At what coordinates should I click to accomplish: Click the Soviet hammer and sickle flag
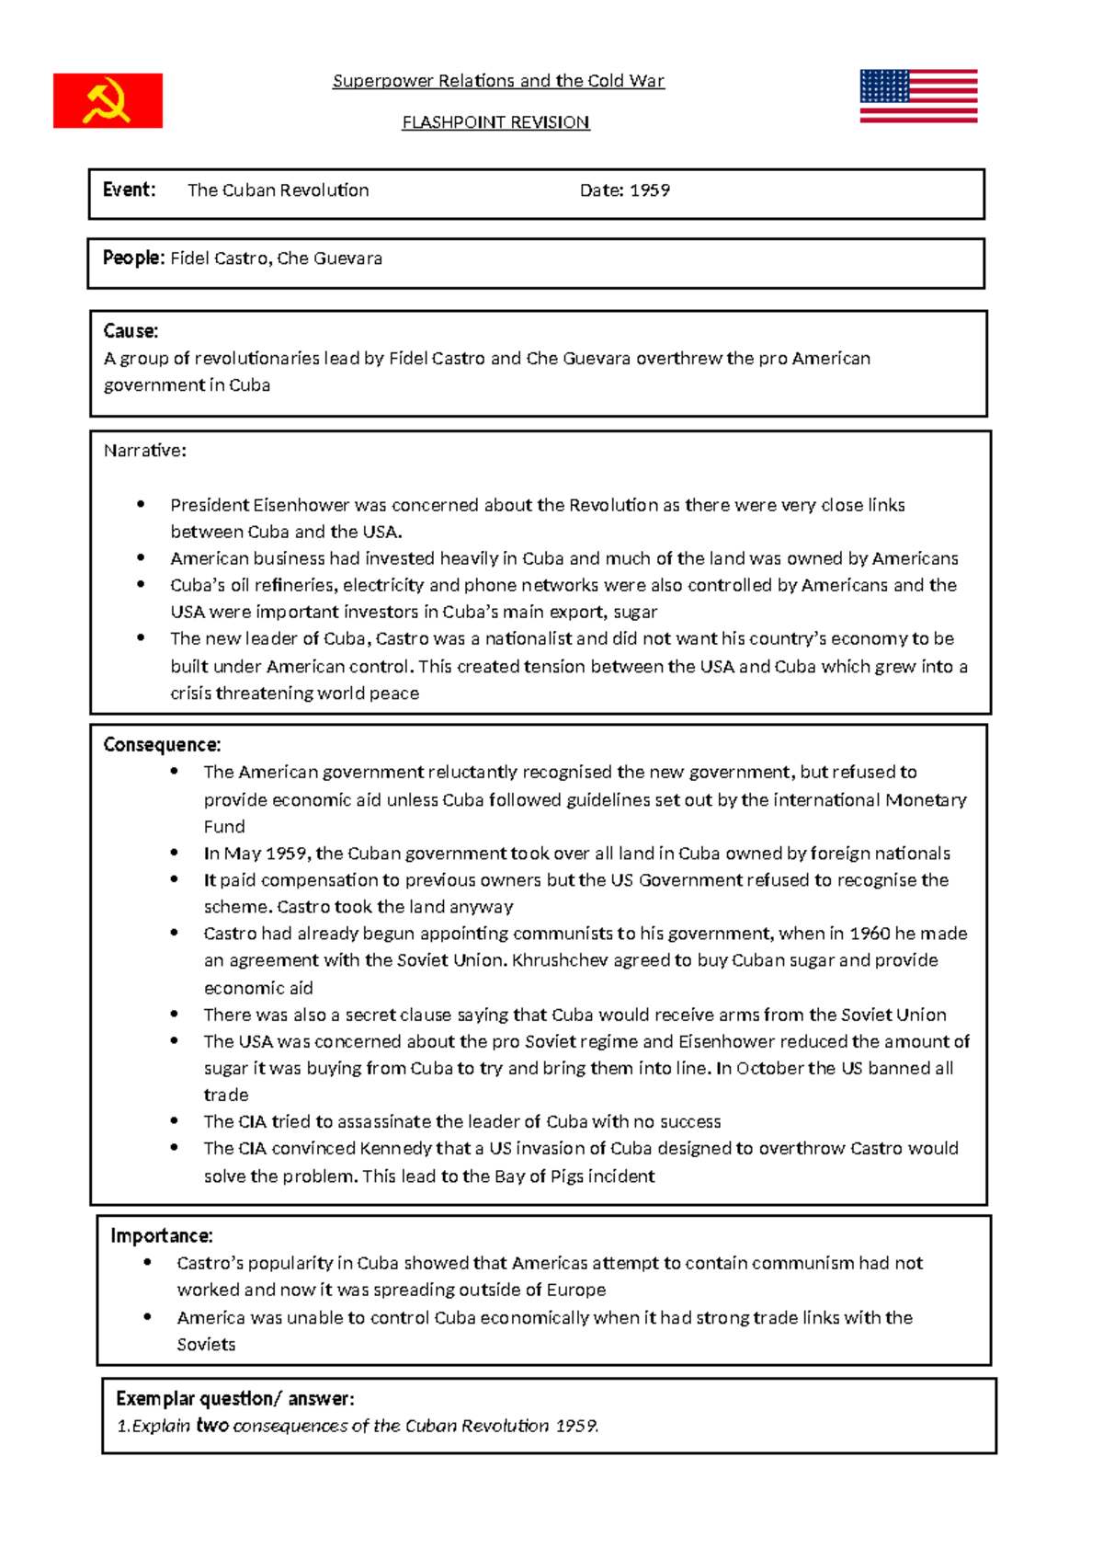(108, 100)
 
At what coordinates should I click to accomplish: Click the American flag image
(918, 96)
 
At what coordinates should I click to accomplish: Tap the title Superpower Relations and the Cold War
(498, 81)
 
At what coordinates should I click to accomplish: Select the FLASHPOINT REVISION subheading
(495, 122)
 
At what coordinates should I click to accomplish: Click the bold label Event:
(129, 189)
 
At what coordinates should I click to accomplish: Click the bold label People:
(133, 258)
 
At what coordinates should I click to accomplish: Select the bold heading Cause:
(131, 330)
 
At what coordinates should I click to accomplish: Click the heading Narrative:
(144, 451)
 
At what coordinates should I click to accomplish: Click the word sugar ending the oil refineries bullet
(635, 612)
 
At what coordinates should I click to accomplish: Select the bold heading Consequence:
(162, 744)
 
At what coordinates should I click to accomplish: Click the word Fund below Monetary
(224, 826)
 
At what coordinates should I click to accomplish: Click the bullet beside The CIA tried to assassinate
(175, 1121)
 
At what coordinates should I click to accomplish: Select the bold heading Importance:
(162, 1235)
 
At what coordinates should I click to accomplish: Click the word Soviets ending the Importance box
(206, 1345)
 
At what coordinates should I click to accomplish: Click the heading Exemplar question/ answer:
(234, 1399)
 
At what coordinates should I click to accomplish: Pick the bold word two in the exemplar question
(212, 1426)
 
